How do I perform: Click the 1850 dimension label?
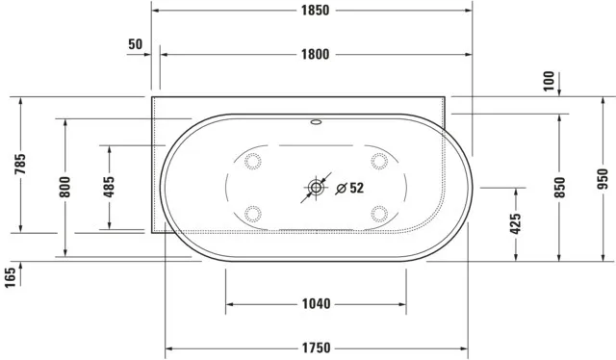pos(315,12)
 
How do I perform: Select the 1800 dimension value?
pos(315,54)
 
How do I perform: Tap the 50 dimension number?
pos(135,44)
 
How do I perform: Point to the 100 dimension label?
pos(549,82)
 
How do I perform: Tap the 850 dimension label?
pos(560,186)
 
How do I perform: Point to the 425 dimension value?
pos(516,224)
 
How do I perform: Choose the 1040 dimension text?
pos(316,304)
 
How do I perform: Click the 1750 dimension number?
pos(316,347)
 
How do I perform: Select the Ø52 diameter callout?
pos(349,188)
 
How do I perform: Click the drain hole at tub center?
pos(316,188)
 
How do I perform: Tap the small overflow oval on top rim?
pos(316,124)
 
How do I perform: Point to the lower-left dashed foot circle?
pos(254,214)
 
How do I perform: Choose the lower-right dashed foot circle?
pos(377,214)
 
